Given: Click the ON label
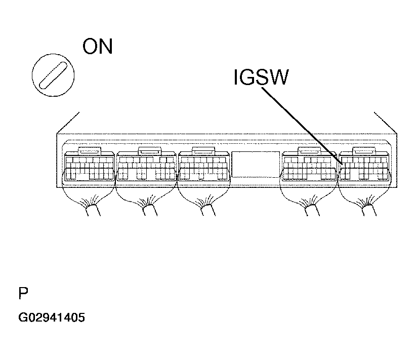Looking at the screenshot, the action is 98,46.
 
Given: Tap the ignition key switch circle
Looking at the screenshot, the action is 53,75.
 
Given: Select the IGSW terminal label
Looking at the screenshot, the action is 261,77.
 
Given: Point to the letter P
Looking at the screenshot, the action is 23,293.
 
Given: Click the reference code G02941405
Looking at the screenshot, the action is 52,317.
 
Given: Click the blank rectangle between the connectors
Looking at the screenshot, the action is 256,164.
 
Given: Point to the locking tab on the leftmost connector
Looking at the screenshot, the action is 90,150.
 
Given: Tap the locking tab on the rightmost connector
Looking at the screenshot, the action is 364,150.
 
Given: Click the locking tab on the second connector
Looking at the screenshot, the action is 150,150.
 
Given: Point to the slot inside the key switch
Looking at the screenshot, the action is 53,75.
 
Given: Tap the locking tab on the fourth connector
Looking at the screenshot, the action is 309,150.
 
